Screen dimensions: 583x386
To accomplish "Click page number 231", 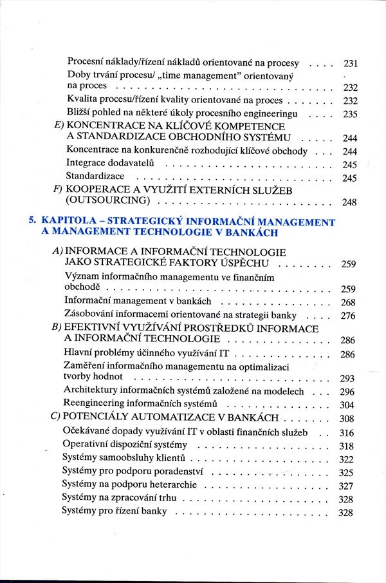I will pos(350,64).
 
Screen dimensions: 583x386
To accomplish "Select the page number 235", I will pos(350,114).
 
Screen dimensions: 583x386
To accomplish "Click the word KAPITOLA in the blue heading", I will pos(64,222).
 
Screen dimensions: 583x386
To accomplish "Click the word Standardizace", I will pos(95,176).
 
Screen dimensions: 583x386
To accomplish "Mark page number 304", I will pos(347,405).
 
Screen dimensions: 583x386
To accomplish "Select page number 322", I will pos(346,459).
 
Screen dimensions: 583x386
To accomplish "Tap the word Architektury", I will pos(91,390).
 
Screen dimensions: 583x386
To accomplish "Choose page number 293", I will pos(347,379).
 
